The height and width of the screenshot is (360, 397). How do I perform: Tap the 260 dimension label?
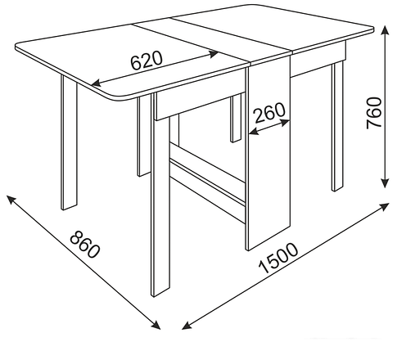tap(269, 112)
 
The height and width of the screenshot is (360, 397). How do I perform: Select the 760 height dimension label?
tap(373, 113)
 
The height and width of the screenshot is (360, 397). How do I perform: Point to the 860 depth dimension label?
tap(85, 245)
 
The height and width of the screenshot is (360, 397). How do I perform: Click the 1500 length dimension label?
tap(278, 258)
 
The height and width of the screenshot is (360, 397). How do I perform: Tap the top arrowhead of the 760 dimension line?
tap(385, 29)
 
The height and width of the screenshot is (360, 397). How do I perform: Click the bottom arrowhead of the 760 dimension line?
tap(385, 183)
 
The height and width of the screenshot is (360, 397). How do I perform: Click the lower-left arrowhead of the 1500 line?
tap(187, 326)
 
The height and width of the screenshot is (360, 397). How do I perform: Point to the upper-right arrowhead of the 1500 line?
tap(384, 206)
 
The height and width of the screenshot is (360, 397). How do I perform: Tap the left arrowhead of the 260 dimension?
tap(253, 132)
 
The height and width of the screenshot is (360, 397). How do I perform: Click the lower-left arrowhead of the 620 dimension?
tap(96, 83)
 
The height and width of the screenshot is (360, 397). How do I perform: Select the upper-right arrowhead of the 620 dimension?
tap(214, 53)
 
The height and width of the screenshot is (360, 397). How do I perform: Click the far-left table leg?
tap(69, 142)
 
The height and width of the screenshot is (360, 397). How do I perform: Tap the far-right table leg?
tap(337, 126)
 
